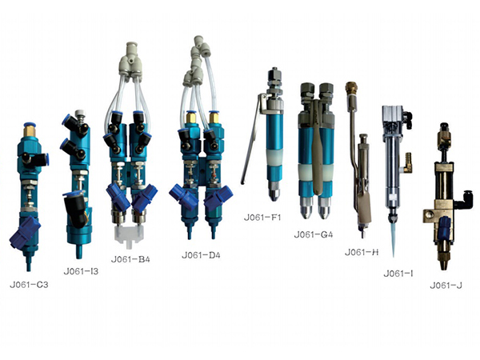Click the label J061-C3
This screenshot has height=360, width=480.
[x=29, y=285]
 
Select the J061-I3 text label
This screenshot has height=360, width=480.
[x=81, y=271]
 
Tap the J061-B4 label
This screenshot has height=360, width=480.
[x=130, y=259]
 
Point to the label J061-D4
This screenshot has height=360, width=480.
[x=201, y=255]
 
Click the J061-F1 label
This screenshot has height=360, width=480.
[x=262, y=218]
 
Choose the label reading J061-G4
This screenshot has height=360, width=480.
[x=313, y=234]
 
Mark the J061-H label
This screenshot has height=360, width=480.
[x=362, y=252]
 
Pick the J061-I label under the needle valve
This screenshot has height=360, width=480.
[x=398, y=274]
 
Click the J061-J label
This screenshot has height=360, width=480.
[x=446, y=286]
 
